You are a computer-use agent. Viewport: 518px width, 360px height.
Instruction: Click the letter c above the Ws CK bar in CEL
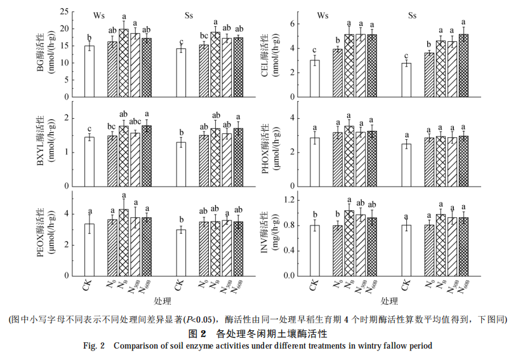click(x=314, y=50)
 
